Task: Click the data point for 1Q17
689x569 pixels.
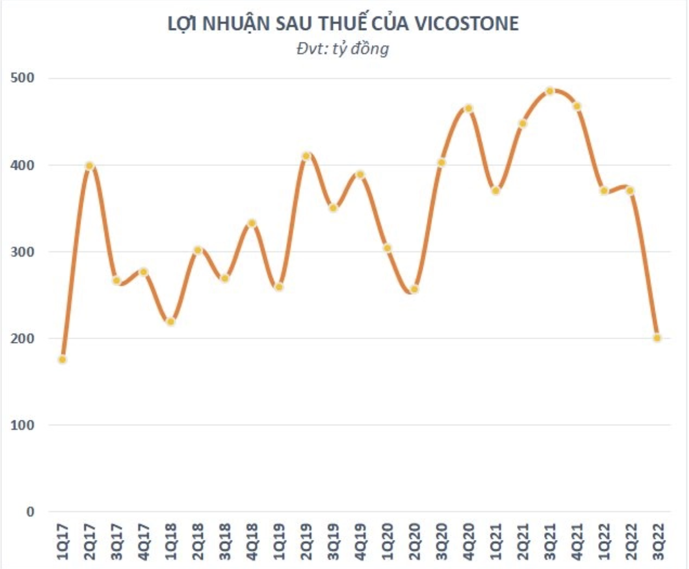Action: (x=62, y=360)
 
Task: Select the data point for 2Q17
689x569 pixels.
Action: (x=90, y=166)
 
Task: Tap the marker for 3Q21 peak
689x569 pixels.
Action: (x=549, y=91)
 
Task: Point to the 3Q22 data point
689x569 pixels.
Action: (x=657, y=338)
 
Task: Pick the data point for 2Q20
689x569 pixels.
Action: (x=414, y=289)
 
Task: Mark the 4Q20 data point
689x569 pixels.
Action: (x=468, y=108)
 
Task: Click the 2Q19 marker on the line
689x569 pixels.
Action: (x=306, y=156)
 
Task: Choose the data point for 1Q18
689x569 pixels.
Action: (x=171, y=322)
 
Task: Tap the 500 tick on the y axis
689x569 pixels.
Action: (x=23, y=78)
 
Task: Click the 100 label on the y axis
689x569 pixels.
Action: (x=23, y=425)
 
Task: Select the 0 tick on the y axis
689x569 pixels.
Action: (x=30, y=512)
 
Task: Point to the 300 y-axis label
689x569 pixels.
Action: (x=23, y=252)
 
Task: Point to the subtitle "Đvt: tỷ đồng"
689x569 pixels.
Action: (x=343, y=49)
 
